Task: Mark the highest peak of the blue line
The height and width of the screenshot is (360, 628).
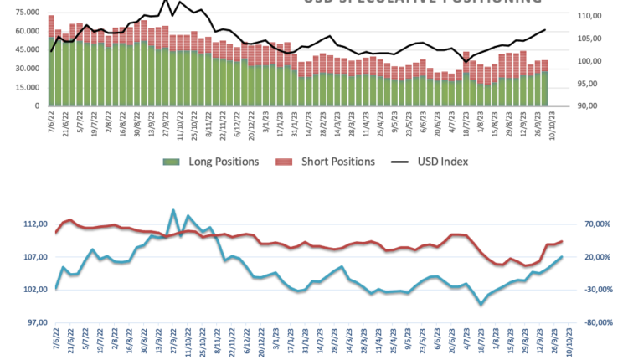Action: pyautogui.click(x=173, y=210)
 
